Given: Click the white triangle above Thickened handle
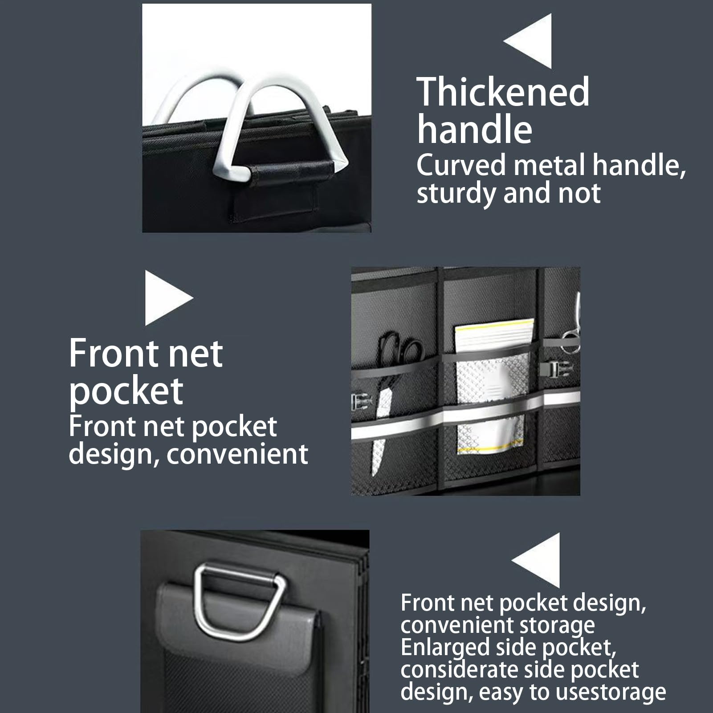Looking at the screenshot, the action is tap(528, 41).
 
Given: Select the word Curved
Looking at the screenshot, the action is tap(461, 165).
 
